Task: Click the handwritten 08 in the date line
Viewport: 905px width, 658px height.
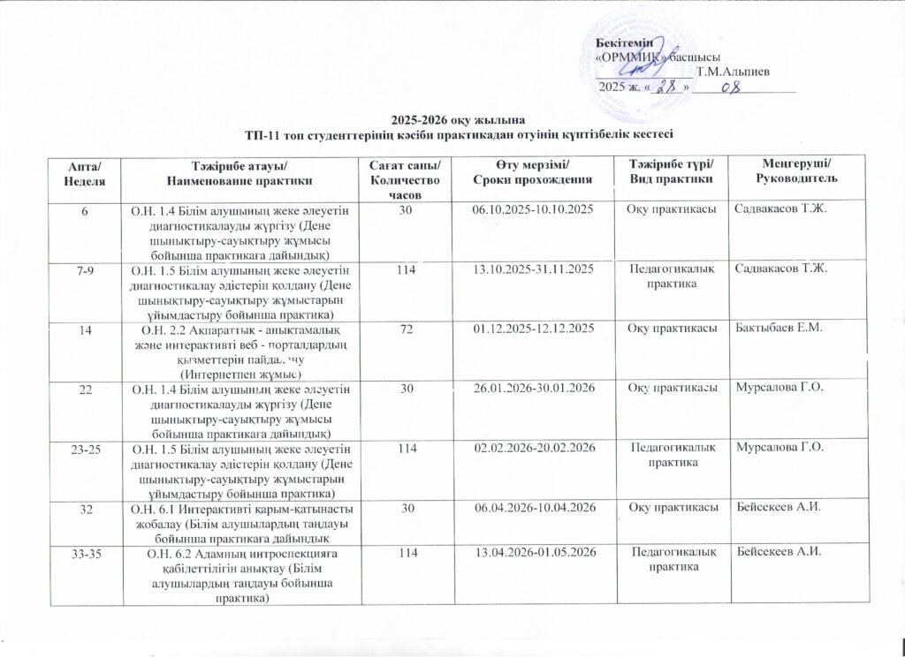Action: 729,87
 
